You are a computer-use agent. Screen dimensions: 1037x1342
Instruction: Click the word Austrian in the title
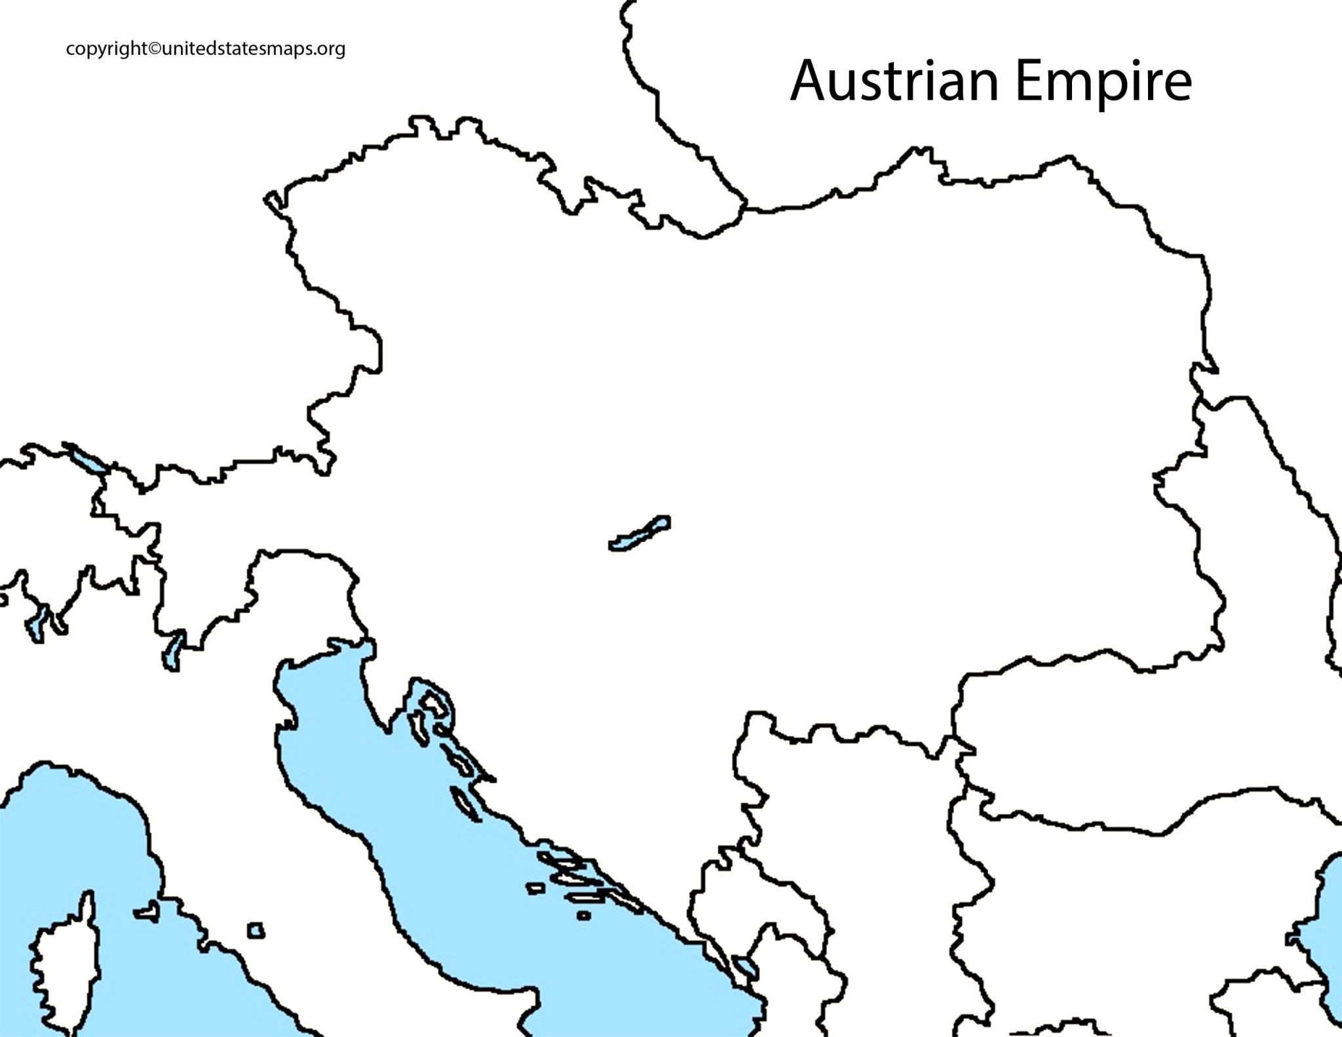tap(894, 81)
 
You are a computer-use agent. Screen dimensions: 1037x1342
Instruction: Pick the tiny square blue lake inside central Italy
tap(256, 930)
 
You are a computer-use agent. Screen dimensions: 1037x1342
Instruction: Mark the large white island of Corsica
tap(62, 960)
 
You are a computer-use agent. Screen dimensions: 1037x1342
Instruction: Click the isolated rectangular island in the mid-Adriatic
tap(536, 888)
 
